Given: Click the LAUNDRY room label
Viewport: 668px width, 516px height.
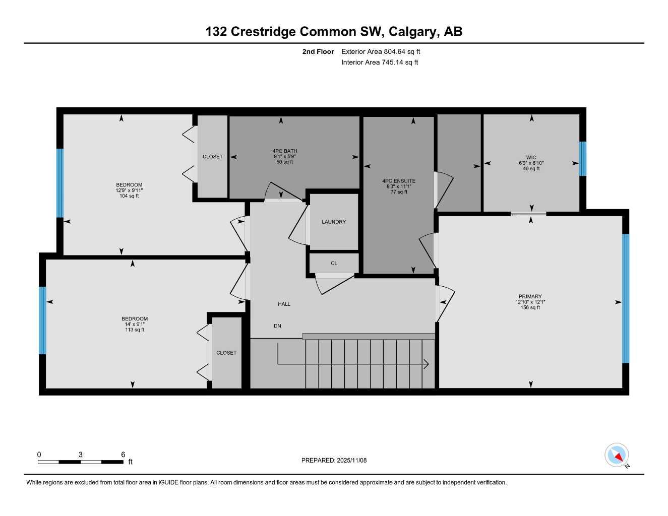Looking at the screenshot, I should (x=334, y=222).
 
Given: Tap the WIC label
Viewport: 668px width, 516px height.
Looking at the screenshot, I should (x=531, y=158).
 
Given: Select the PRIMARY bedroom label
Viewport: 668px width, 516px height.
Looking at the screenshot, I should (x=530, y=297).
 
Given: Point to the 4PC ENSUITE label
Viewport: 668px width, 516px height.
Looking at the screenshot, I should (x=399, y=181).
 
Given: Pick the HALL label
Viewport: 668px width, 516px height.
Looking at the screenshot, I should (x=284, y=304).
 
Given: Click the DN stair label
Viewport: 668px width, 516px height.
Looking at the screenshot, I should (x=277, y=326).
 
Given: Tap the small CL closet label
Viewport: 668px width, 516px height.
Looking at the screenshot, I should (x=334, y=264).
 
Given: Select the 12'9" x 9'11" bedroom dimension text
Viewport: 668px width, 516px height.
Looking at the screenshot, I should (x=129, y=190).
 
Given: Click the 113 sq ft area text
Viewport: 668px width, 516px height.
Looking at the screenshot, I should (x=135, y=330).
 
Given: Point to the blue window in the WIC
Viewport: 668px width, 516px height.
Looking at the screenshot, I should (x=583, y=159).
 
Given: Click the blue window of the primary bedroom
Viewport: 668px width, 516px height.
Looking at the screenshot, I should (x=626, y=298).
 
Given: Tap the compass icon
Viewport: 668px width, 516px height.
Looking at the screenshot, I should (x=617, y=455).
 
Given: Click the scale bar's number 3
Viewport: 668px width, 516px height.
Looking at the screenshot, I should (x=80, y=455).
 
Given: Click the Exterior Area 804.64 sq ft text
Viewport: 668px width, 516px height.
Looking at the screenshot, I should (x=381, y=51).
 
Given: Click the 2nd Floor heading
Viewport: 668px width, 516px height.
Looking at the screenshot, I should (x=318, y=51).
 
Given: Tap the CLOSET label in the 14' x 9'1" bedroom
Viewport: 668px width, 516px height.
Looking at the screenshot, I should (x=226, y=353).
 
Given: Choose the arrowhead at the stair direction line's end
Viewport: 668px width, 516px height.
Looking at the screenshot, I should (x=427, y=364).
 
